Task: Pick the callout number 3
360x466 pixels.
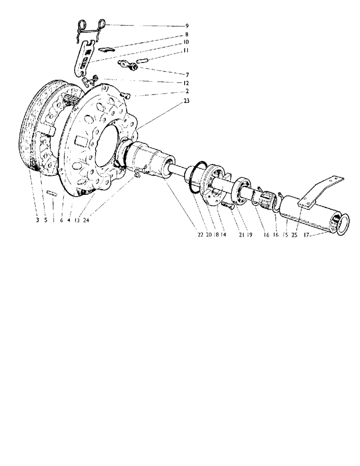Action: (37, 221)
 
